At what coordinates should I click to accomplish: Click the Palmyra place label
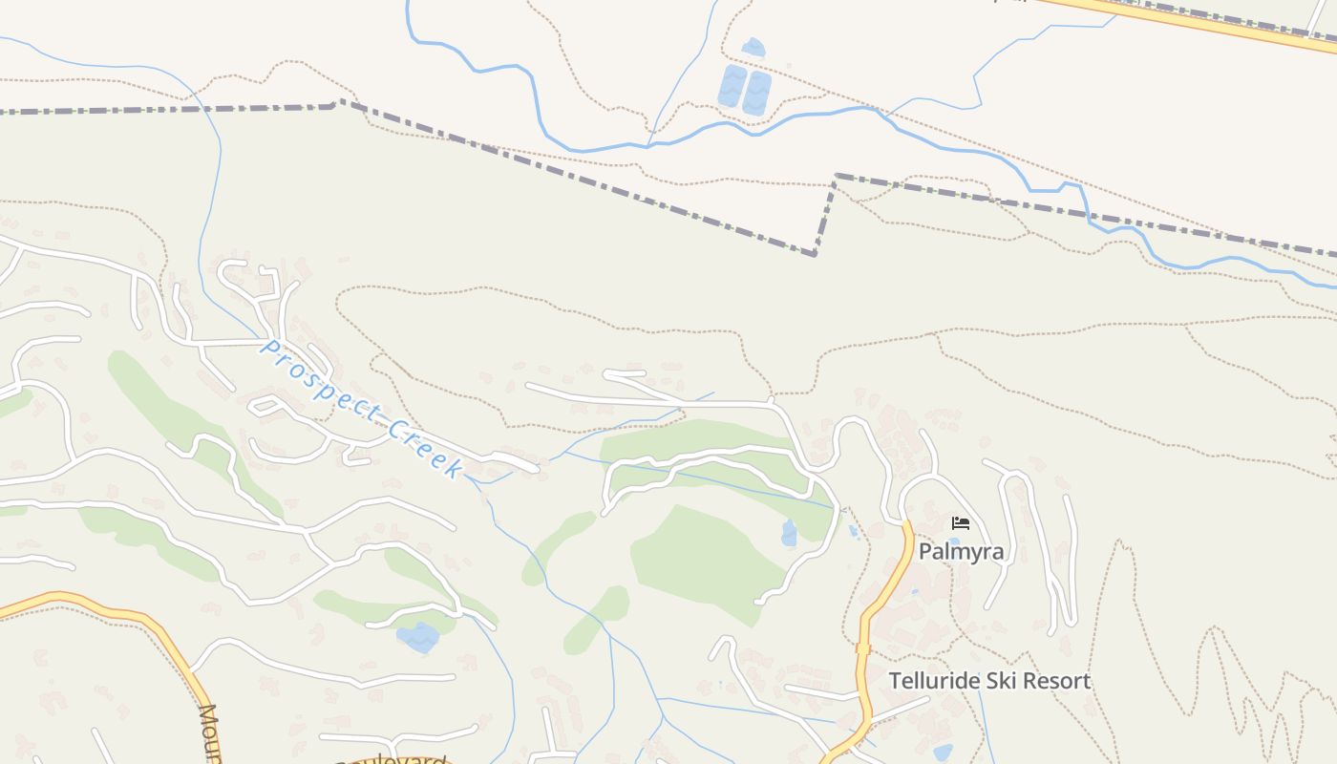click(961, 552)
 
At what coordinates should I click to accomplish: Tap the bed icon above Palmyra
click(961, 522)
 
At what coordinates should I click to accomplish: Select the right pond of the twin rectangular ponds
click(757, 93)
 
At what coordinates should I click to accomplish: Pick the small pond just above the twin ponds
click(753, 47)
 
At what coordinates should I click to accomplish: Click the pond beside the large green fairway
click(789, 533)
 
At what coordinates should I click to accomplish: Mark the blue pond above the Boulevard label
click(419, 637)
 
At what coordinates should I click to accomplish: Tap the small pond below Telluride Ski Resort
click(943, 753)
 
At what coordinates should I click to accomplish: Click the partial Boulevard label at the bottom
click(392, 760)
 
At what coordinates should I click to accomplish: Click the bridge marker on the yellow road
click(863, 648)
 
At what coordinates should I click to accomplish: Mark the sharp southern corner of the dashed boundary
click(814, 254)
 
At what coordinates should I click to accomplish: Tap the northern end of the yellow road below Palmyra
click(905, 524)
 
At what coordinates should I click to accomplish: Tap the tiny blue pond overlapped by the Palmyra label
click(954, 541)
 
